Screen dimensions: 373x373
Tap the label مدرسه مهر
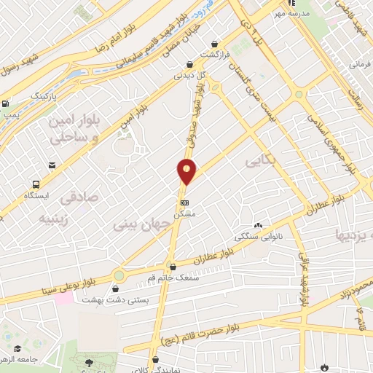(295, 14)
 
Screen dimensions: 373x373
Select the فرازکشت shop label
(216, 55)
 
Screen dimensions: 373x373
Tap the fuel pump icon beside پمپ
(5, 104)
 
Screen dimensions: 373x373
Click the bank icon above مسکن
(185, 203)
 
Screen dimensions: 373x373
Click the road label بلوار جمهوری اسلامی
(329, 142)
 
